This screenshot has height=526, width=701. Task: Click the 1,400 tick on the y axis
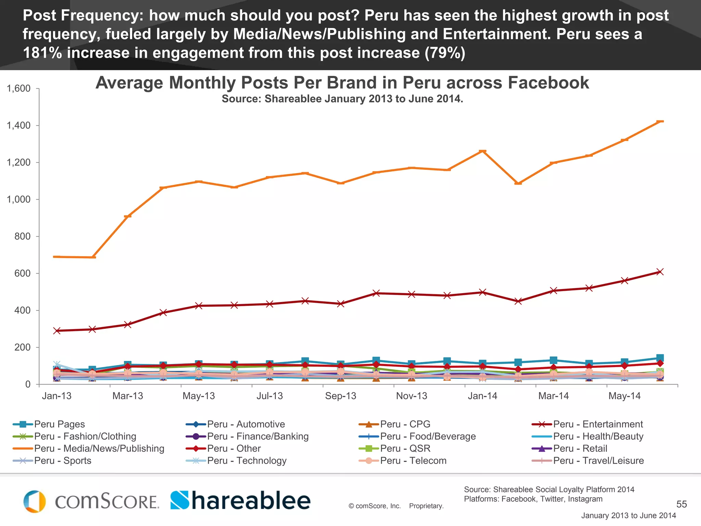click(19, 126)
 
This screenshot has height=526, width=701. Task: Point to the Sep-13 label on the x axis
click(341, 396)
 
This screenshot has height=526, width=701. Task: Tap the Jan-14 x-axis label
click(482, 396)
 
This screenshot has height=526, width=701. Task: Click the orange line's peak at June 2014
click(660, 121)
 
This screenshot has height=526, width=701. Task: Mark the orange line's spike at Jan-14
click(483, 151)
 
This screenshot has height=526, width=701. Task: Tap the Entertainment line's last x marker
click(660, 272)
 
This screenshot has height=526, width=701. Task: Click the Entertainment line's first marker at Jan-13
click(57, 331)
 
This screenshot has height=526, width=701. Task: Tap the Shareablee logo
click(241, 501)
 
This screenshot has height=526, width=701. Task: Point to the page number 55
click(681, 504)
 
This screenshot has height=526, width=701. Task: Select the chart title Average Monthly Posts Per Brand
click(342, 83)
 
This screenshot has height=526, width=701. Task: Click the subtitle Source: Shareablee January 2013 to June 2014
click(342, 99)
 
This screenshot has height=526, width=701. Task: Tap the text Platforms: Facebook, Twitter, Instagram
click(533, 499)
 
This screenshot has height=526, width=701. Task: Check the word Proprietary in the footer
click(426, 506)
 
